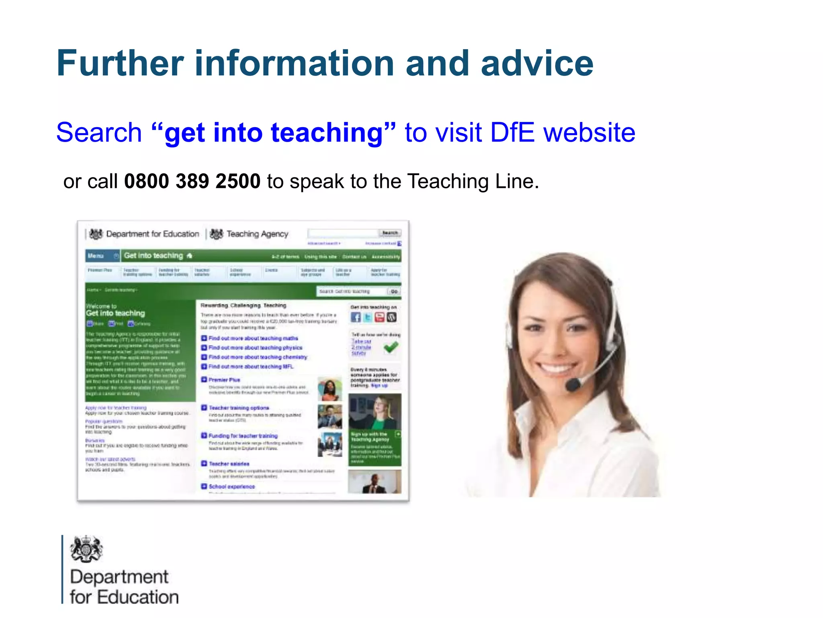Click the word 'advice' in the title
pyautogui.click(x=537, y=63)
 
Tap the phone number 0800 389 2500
pyautogui.click(x=192, y=181)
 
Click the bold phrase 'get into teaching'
pyautogui.click(x=273, y=133)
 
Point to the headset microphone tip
pyautogui.click(x=572, y=384)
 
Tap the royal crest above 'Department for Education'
pyautogui.click(x=86, y=549)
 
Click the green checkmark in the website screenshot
pyautogui.click(x=391, y=347)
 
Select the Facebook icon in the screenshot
pyautogui.click(x=356, y=317)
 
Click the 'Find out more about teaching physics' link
pyautogui.click(x=255, y=348)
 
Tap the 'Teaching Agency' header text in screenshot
pyautogui.click(x=257, y=234)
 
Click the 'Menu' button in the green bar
pyautogui.click(x=96, y=256)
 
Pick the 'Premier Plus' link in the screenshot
pyautogui.click(x=224, y=380)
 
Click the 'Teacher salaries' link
pyautogui.click(x=229, y=464)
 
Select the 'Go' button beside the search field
pyautogui.click(x=394, y=291)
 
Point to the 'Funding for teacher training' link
pyautogui.click(x=243, y=436)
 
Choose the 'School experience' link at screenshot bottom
pyautogui.click(x=231, y=486)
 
